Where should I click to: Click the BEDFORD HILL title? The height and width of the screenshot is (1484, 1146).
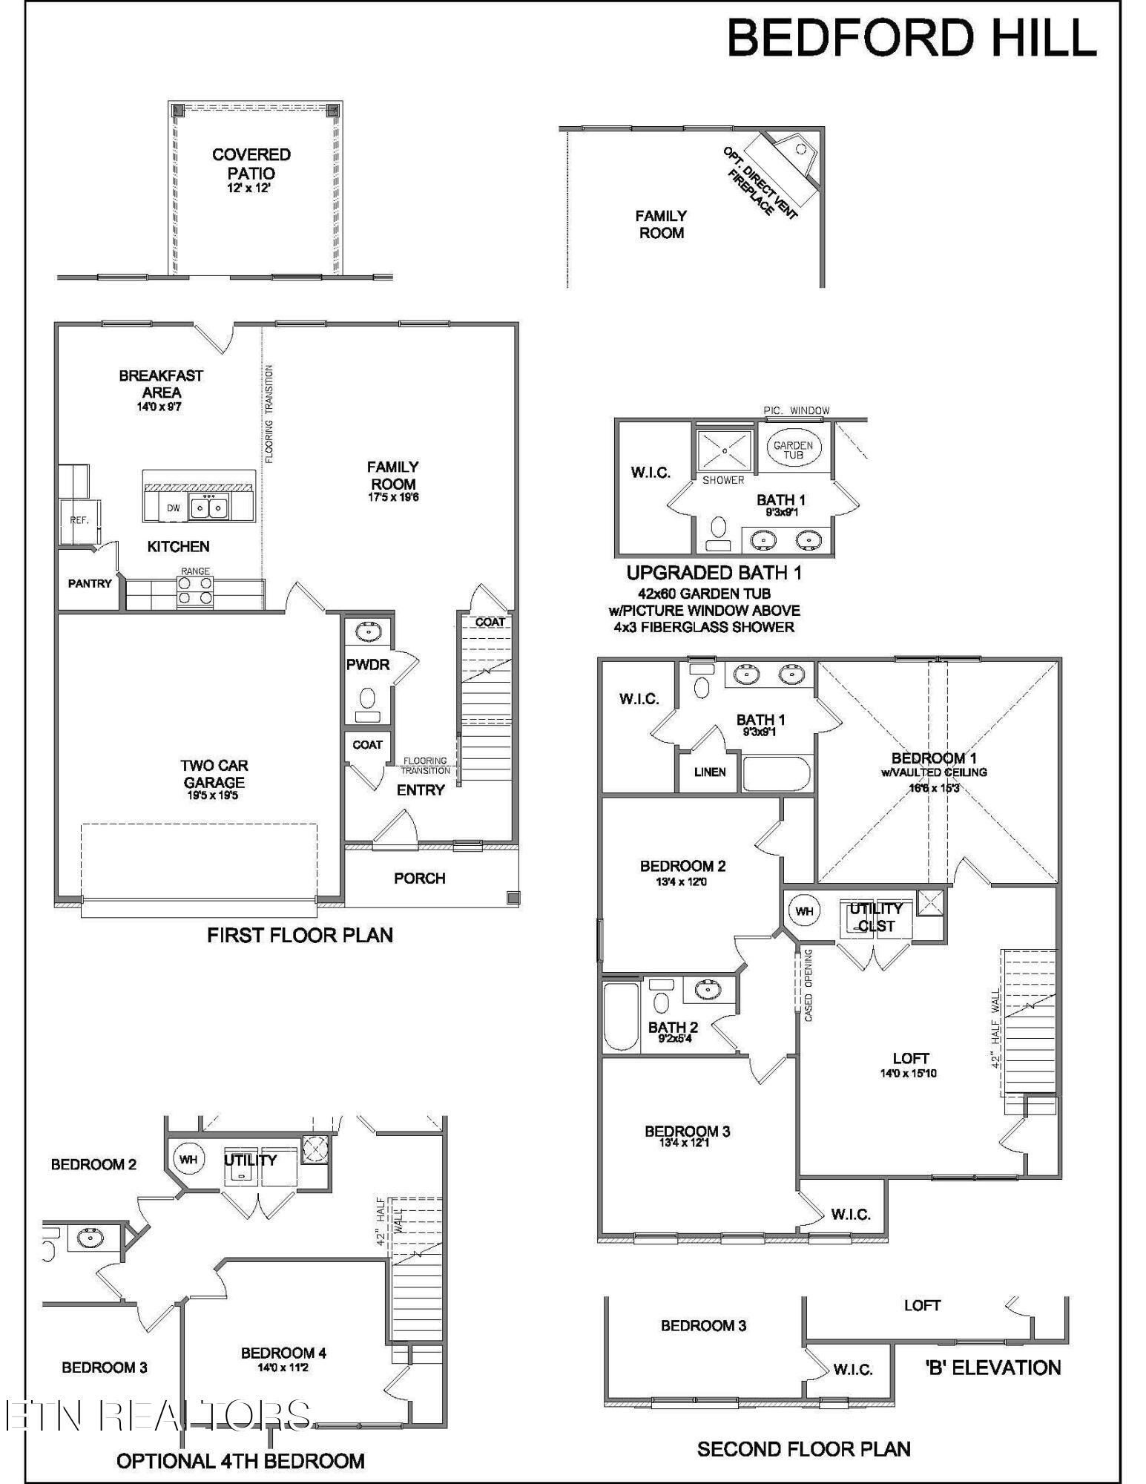(911, 39)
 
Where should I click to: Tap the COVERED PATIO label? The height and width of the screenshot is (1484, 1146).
(251, 164)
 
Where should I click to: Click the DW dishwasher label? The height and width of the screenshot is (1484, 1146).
(174, 508)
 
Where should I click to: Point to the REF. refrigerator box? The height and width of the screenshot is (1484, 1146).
(79, 520)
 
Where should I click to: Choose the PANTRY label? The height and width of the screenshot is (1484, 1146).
(90, 584)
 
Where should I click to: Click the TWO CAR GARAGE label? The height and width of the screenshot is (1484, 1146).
(214, 774)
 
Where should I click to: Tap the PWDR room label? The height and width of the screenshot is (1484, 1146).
(368, 665)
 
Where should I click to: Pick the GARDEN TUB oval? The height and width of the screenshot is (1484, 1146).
(793, 449)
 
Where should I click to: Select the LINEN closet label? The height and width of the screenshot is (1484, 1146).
(710, 772)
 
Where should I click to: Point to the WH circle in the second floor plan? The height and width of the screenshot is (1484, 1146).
(804, 911)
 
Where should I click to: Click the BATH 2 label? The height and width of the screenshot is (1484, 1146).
(673, 1028)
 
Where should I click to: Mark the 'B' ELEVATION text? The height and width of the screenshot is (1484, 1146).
(993, 1368)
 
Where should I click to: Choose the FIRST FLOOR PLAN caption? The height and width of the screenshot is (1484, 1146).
(300, 935)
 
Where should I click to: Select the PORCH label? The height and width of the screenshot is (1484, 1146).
(419, 879)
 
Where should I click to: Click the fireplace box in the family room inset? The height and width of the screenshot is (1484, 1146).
(788, 165)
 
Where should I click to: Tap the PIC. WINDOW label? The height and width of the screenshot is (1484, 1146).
(797, 410)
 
